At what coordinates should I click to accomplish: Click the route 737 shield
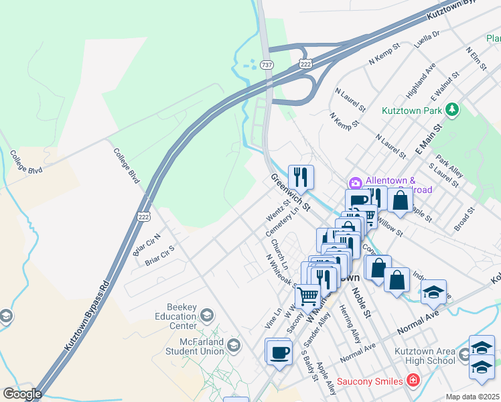point(267,65)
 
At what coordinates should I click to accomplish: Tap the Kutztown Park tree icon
point(453,109)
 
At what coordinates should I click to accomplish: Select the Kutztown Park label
point(413,109)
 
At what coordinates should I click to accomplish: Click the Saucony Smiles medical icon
point(413,381)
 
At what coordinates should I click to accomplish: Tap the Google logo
point(22,394)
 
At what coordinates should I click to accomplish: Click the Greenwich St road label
point(291,192)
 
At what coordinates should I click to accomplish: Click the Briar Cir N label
point(147,245)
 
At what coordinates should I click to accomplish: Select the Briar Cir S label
point(159,255)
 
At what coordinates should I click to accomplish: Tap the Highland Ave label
point(421,78)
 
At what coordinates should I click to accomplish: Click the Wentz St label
point(276,209)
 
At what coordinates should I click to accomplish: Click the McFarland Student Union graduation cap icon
point(234,346)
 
